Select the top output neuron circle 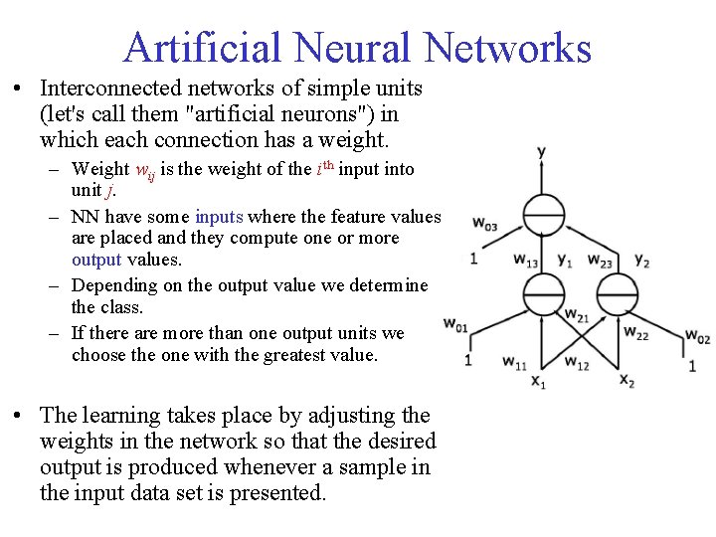pyautogui.click(x=542, y=214)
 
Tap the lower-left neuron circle pyautogui.click(x=542, y=293)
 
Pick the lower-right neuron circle pyautogui.click(x=618, y=293)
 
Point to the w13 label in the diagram pyautogui.click(x=527, y=261)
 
